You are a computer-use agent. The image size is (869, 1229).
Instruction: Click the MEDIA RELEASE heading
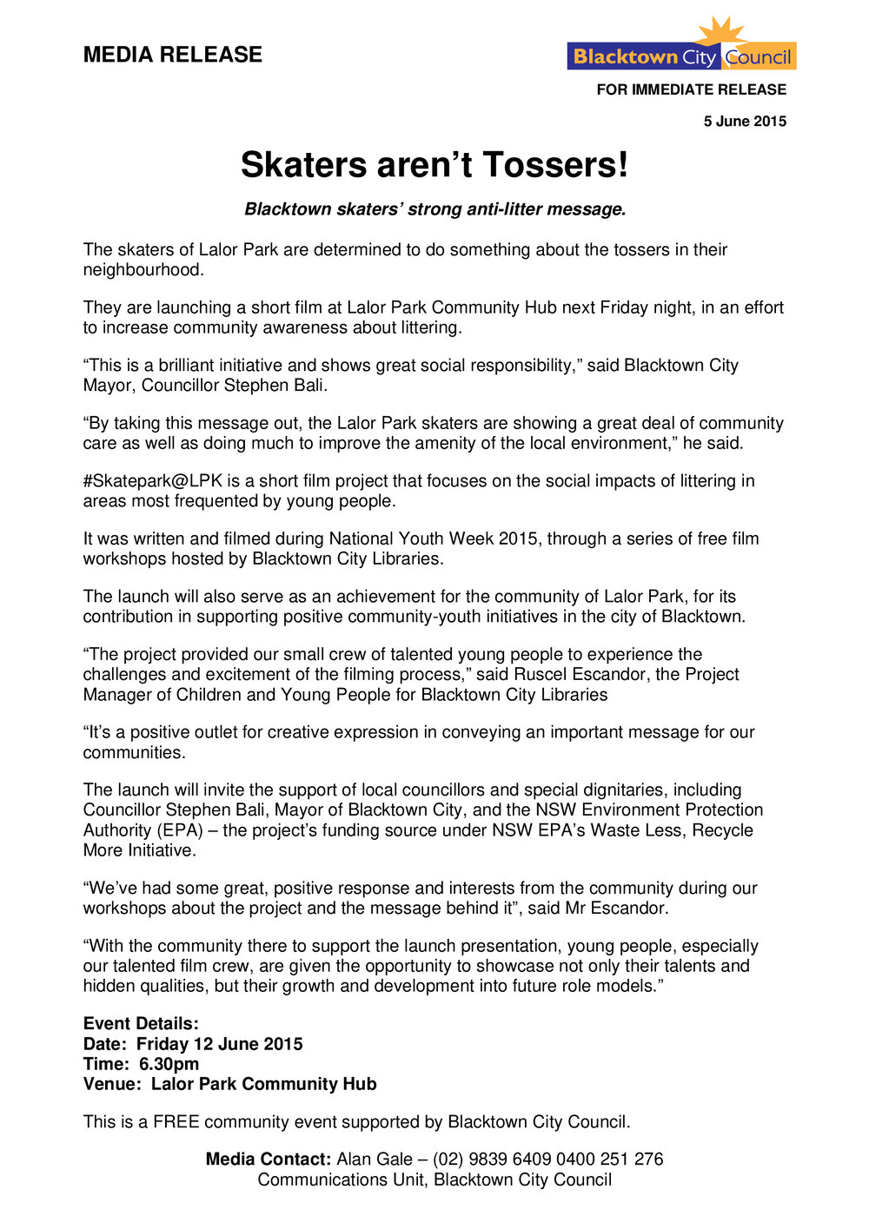point(172,55)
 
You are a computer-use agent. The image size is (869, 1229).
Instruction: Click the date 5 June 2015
point(745,122)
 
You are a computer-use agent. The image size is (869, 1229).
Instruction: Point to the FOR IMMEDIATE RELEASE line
point(691,89)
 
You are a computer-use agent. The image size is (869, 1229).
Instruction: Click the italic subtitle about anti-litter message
point(434,209)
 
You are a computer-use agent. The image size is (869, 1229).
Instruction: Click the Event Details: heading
point(141,1024)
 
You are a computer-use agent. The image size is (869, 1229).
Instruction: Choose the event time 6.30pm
point(169,1064)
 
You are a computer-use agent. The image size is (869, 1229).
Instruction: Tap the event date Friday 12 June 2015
point(219,1044)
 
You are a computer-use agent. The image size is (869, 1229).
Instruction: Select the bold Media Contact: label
point(269,1160)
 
